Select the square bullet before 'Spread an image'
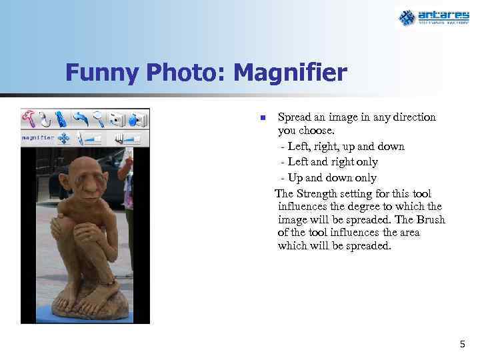coord(263,119)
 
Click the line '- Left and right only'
coord(329,162)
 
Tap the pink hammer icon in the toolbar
coord(29,118)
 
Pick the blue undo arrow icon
coord(81,119)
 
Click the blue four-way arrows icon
coord(64,138)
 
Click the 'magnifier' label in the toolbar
coord(37,138)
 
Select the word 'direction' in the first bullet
coord(411,117)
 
